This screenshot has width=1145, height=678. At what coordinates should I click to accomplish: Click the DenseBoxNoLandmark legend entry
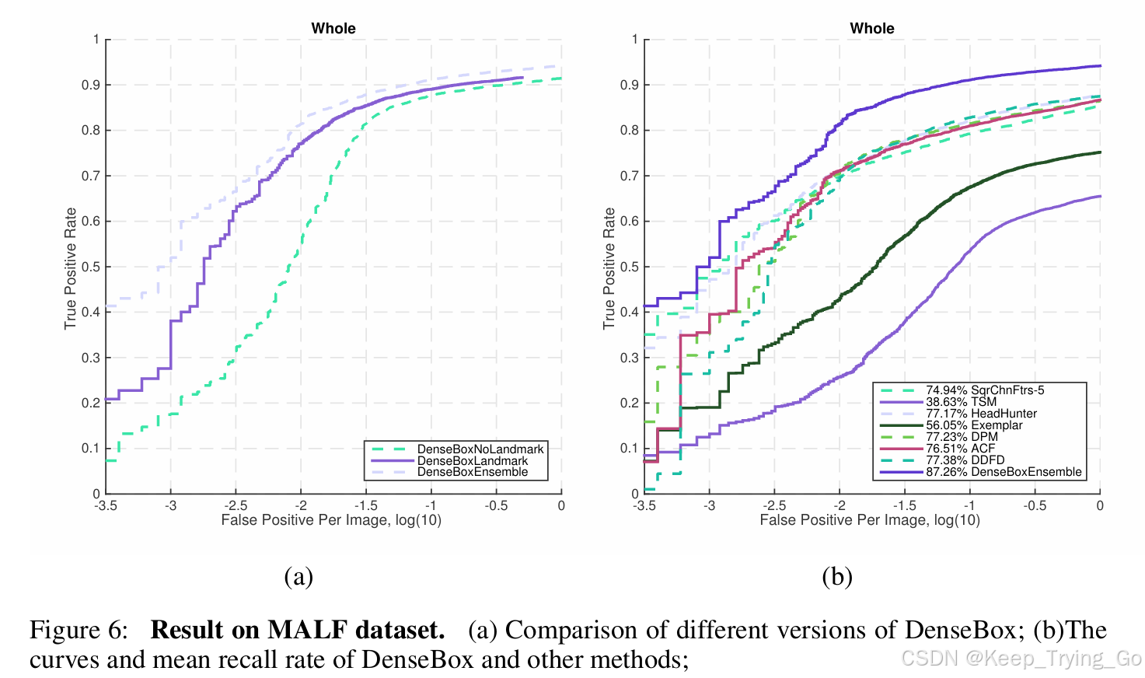pyautogui.click(x=480, y=449)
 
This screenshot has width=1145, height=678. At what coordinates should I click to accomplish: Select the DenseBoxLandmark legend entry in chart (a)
pyautogui.click(x=472, y=460)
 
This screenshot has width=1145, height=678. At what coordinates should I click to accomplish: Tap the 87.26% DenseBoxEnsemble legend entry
pyautogui.click(x=1003, y=472)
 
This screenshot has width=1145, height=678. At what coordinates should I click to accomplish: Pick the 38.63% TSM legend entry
pyautogui.click(x=961, y=402)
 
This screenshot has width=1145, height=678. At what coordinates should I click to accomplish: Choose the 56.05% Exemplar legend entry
pyautogui.click(x=974, y=425)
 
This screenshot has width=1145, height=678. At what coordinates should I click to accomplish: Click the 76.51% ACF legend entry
pyautogui.click(x=960, y=449)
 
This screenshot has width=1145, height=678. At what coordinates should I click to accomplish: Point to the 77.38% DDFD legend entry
pyautogui.click(x=965, y=460)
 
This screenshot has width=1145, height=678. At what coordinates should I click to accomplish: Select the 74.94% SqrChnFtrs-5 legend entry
pyautogui.click(x=985, y=390)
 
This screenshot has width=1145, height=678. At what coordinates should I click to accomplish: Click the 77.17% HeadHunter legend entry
pyautogui.click(x=981, y=414)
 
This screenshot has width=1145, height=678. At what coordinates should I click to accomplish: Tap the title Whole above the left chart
pyautogui.click(x=333, y=28)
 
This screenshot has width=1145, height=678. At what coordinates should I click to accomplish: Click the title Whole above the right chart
pyautogui.click(x=872, y=28)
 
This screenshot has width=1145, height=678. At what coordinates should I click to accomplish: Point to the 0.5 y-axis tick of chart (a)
pyautogui.click(x=91, y=267)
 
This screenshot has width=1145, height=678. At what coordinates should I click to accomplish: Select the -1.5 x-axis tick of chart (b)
pyautogui.click(x=904, y=506)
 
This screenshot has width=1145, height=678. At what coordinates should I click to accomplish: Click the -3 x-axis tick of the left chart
pyautogui.click(x=170, y=506)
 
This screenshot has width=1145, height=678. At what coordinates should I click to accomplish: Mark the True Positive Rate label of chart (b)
pyautogui.click(x=609, y=267)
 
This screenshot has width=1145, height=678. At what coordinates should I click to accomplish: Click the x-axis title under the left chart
pyautogui.click(x=331, y=520)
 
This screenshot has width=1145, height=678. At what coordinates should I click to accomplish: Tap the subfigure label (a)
pyautogui.click(x=298, y=576)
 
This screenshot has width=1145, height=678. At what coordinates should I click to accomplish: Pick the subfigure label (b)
pyautogui.click(x=837, y=576)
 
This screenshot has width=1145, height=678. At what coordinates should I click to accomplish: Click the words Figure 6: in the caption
pyautogui.click(x=79, y=630)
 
